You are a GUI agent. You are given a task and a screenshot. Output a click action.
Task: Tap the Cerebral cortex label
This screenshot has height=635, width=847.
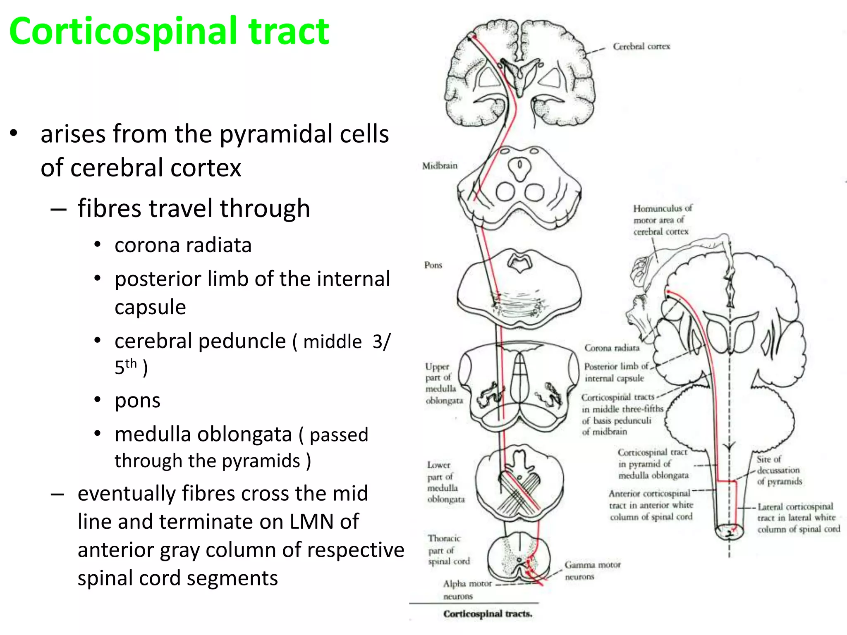click(641, 47)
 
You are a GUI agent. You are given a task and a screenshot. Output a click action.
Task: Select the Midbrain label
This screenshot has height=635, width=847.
click(440, 166)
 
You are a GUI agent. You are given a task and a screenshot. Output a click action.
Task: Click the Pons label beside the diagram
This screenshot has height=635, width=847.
click(433, 265)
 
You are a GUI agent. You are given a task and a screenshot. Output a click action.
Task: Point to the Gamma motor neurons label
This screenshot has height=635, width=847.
click(592, 570)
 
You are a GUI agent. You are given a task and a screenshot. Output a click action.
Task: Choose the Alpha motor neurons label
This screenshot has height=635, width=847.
click(467, 590)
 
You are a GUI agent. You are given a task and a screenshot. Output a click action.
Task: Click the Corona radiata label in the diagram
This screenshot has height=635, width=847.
click(612, 348)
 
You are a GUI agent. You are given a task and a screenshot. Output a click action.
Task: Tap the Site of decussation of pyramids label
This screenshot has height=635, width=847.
click(779, 470)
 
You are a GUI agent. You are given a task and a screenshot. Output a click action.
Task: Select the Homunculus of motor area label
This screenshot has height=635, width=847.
click(662, 220)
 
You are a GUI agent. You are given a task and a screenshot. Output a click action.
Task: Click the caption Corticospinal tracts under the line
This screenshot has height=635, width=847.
click(487, 614)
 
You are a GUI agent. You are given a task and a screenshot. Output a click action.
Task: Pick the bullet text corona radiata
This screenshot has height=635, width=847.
click(183, 245)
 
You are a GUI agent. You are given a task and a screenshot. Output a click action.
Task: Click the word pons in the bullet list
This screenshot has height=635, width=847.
click(137, 400)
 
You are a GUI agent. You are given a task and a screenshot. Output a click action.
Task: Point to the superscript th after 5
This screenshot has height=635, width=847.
click(131, 363)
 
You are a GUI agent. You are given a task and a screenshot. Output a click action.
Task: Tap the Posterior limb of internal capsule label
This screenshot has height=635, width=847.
click(615, 372)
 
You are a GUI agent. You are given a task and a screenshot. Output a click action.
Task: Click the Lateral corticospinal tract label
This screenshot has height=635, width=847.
click(798, 518)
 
